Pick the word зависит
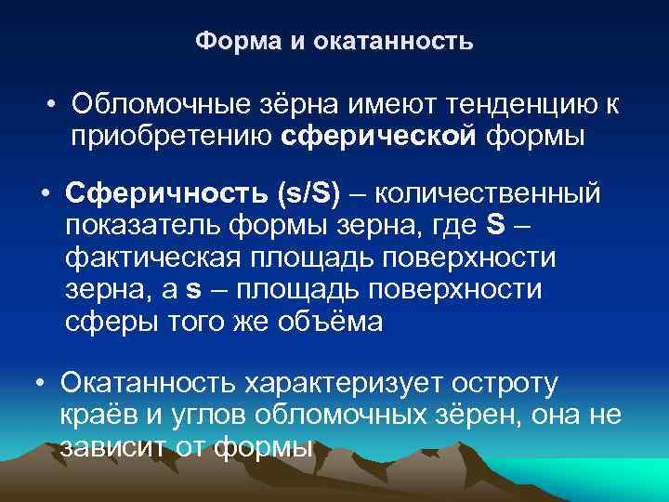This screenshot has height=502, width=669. click(109, 446)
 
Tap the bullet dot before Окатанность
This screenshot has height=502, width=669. click(40, 384)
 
